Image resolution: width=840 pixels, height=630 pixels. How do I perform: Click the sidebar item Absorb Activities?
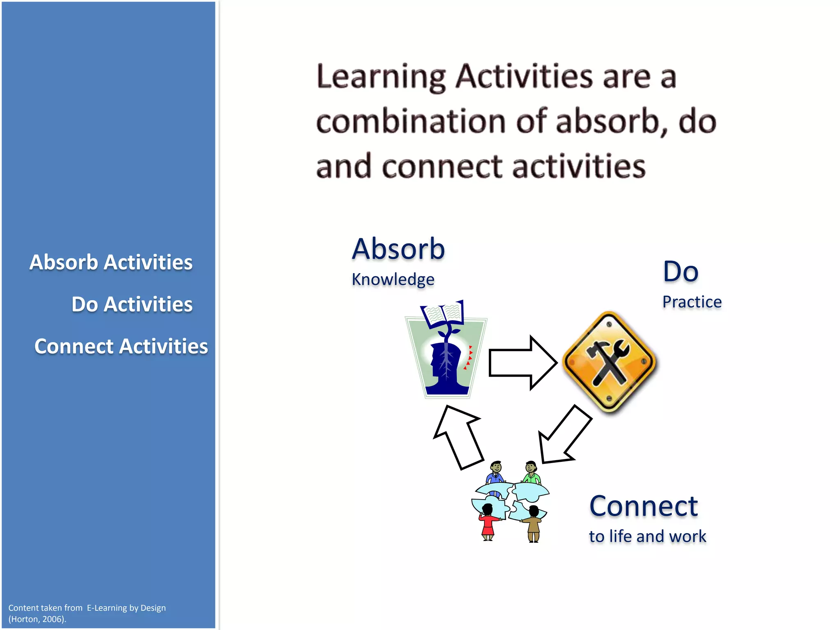coord(111,262)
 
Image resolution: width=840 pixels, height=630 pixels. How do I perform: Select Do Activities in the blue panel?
coord(132,304)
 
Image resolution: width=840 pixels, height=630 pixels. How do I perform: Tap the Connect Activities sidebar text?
coord(121,346)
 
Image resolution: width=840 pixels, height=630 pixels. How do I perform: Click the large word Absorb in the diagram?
coord(398,249)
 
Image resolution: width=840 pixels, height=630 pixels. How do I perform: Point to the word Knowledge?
coord(393,280)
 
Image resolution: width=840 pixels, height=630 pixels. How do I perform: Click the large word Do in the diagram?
coord(680,272)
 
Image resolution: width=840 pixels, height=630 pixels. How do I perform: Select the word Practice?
coord(692,302)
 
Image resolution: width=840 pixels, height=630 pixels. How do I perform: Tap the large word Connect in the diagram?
coord(644,506)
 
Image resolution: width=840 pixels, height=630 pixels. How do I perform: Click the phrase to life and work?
coord(647,536)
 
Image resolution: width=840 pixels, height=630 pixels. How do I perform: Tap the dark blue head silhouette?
coord(445,367)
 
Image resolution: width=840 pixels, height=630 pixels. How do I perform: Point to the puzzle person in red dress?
coord(488,523)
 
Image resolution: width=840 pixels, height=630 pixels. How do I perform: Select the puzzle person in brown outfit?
coord(533,525)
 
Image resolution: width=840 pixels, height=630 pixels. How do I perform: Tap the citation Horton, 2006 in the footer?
coord(37,619)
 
